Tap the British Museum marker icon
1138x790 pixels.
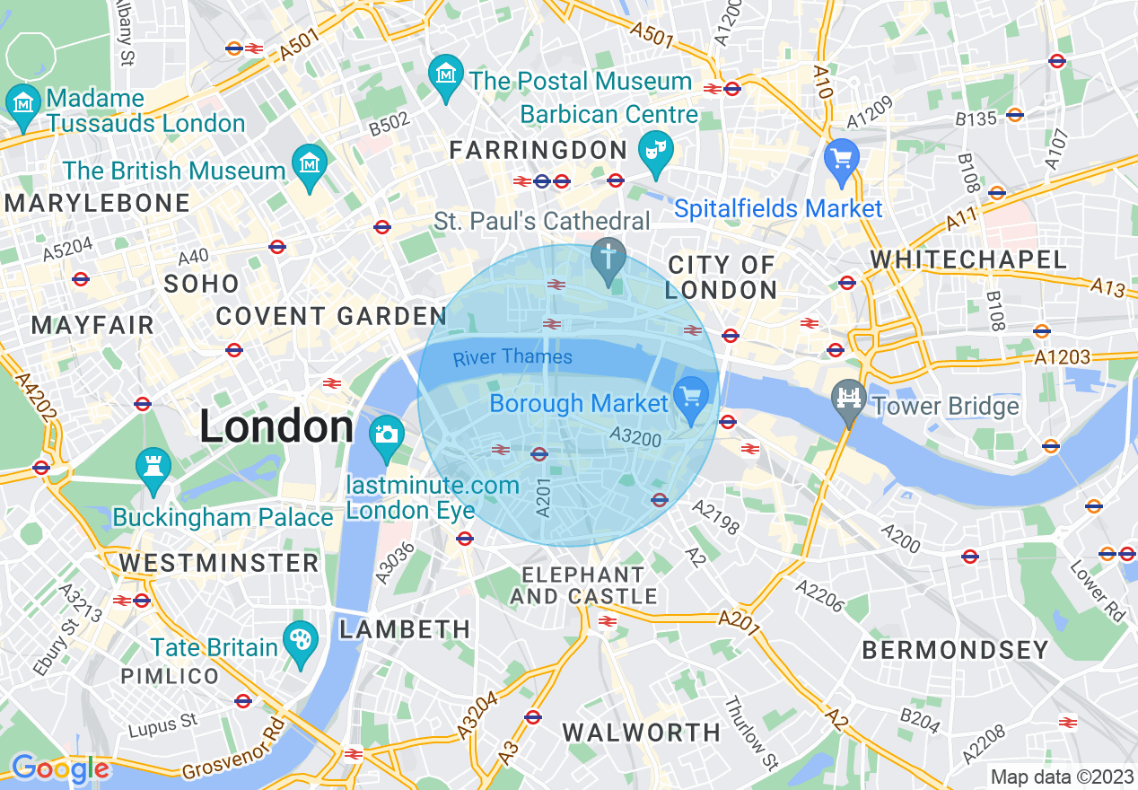310,165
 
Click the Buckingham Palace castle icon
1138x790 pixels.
153,468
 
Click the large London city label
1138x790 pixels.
276,426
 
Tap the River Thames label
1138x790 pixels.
512,357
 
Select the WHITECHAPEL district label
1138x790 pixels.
969,260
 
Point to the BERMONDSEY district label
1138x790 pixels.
955,650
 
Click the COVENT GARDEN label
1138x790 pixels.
331,316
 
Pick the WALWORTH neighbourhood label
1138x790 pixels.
642,733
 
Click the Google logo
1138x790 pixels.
60,768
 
